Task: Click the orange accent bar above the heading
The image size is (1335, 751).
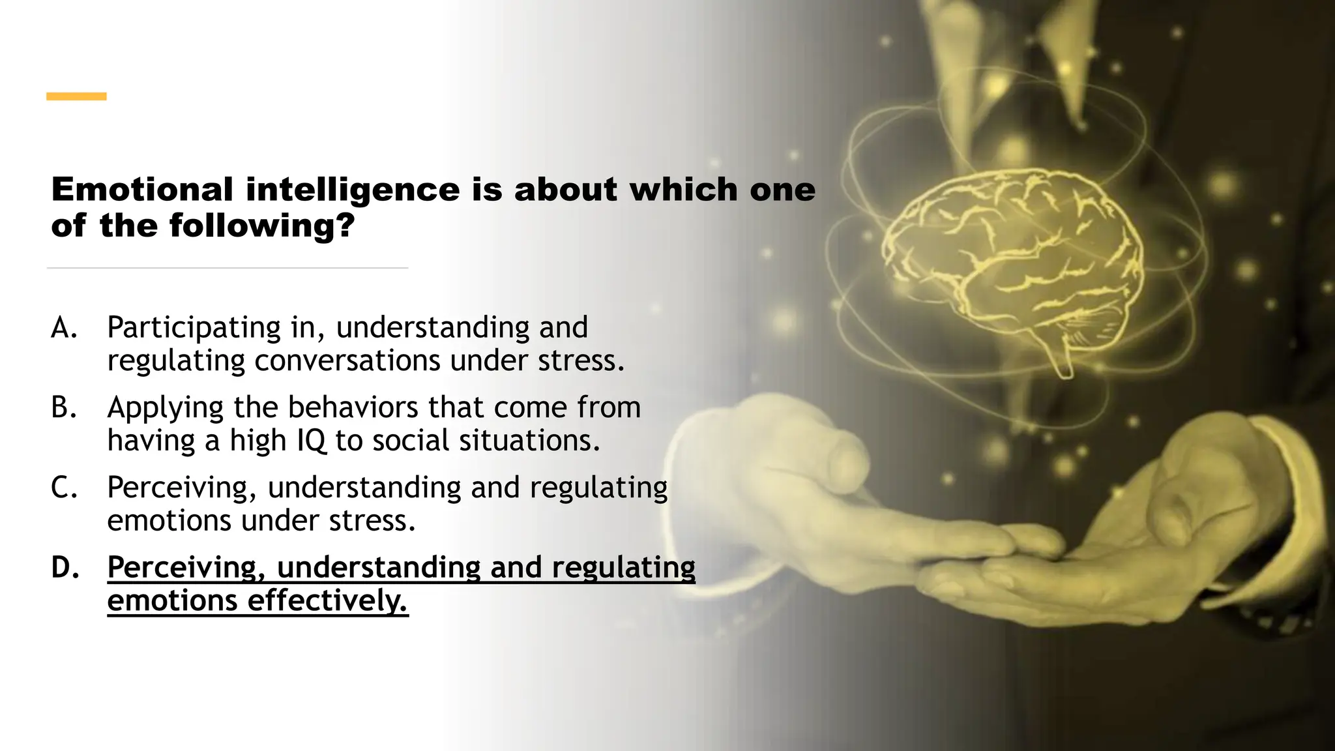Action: click(76, 96)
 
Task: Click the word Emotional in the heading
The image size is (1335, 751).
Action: click(142, 190)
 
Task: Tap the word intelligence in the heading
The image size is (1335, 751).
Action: click(353, 190)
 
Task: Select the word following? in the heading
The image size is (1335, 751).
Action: click(262, 226)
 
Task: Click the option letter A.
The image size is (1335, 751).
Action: click(64, 328)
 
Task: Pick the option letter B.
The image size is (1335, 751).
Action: click(64, 408)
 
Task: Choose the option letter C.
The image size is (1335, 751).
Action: click(64, 488)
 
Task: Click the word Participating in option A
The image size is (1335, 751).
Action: click(194, 328)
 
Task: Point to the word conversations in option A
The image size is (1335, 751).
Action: click(347, 361)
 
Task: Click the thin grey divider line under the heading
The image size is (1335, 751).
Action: click(227, 268)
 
